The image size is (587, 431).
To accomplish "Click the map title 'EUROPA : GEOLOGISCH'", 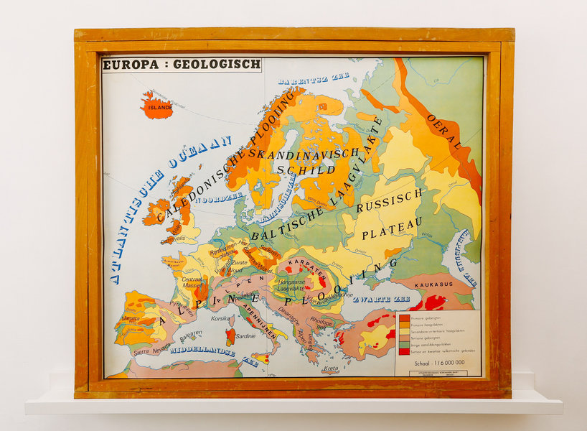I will click(182, 65).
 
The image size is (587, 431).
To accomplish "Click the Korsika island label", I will click(220, 318).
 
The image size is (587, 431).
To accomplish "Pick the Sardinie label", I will click(246, 336).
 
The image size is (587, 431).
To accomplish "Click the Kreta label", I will click(330, 369).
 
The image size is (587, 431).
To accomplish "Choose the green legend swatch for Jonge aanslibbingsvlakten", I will click(405, 343).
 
